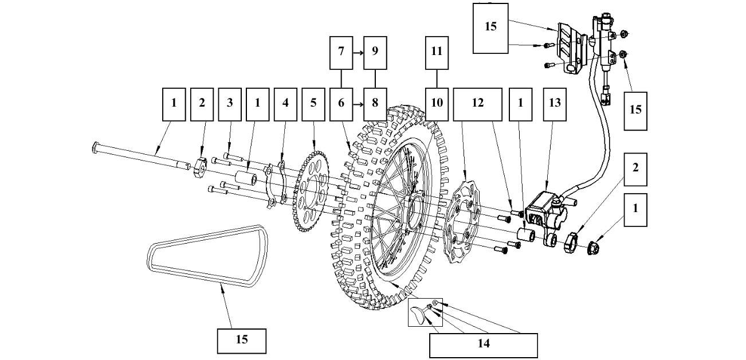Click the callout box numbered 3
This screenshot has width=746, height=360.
point(230,104)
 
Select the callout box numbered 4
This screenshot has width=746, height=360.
point(285,104)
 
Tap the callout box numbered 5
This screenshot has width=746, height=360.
point(313,104)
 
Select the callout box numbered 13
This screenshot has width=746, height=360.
point(554,104)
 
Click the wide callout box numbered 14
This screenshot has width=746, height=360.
point(483,345)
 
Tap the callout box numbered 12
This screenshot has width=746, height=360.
point(477,104)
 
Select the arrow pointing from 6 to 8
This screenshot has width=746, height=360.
point(358,104)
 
